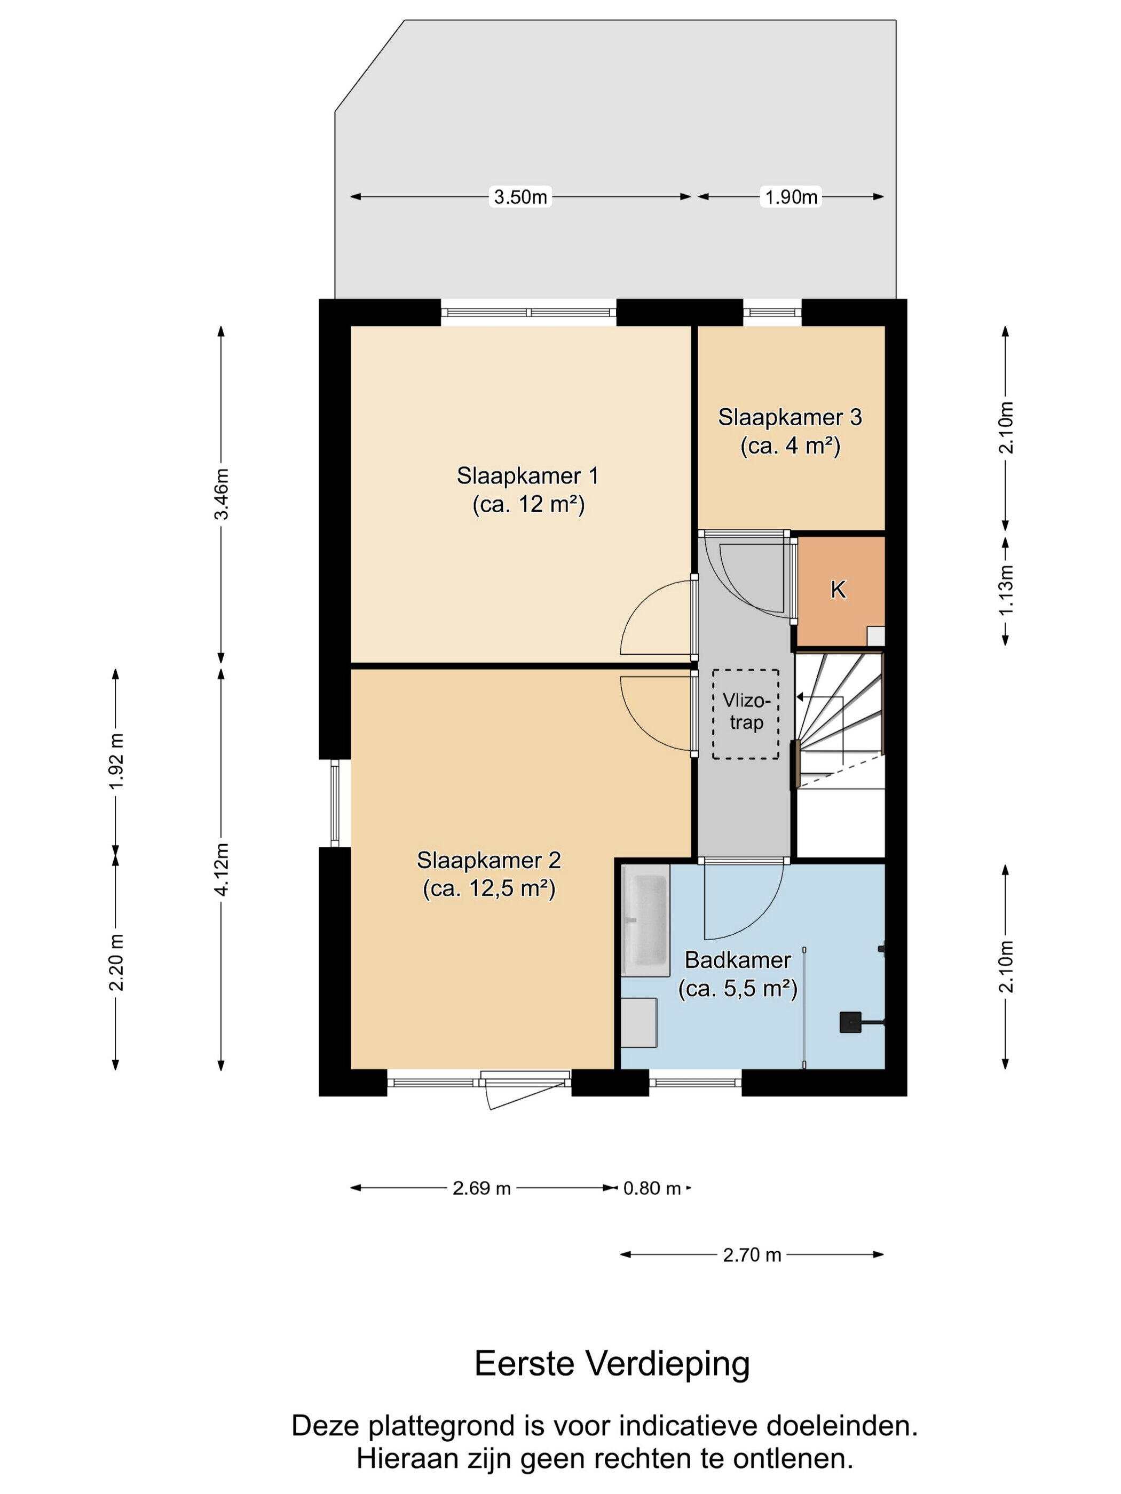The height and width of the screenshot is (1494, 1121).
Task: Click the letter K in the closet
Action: (x=838, y=590)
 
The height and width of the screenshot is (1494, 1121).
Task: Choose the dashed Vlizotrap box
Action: (x=745, y=714)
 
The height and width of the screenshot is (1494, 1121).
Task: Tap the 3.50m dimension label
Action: (x=520, y=197)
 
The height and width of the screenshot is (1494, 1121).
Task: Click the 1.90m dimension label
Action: (x=791, y=197)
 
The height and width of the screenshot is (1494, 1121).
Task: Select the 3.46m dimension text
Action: (x=222, y=494)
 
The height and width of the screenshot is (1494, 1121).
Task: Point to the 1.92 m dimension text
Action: (x=116, y=760)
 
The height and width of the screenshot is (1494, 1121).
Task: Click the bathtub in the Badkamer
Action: (x=645, y=920)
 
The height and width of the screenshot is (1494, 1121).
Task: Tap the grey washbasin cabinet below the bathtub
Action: (x=639, y=1022)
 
